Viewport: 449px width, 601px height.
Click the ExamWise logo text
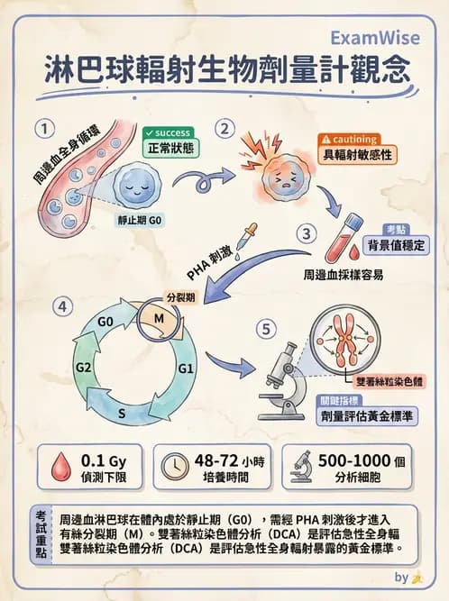click(371, 39)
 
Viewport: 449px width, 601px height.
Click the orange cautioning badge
click(348, 140)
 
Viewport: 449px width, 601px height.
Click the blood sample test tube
click(353, 232)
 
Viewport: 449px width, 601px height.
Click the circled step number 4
click(62, 306)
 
